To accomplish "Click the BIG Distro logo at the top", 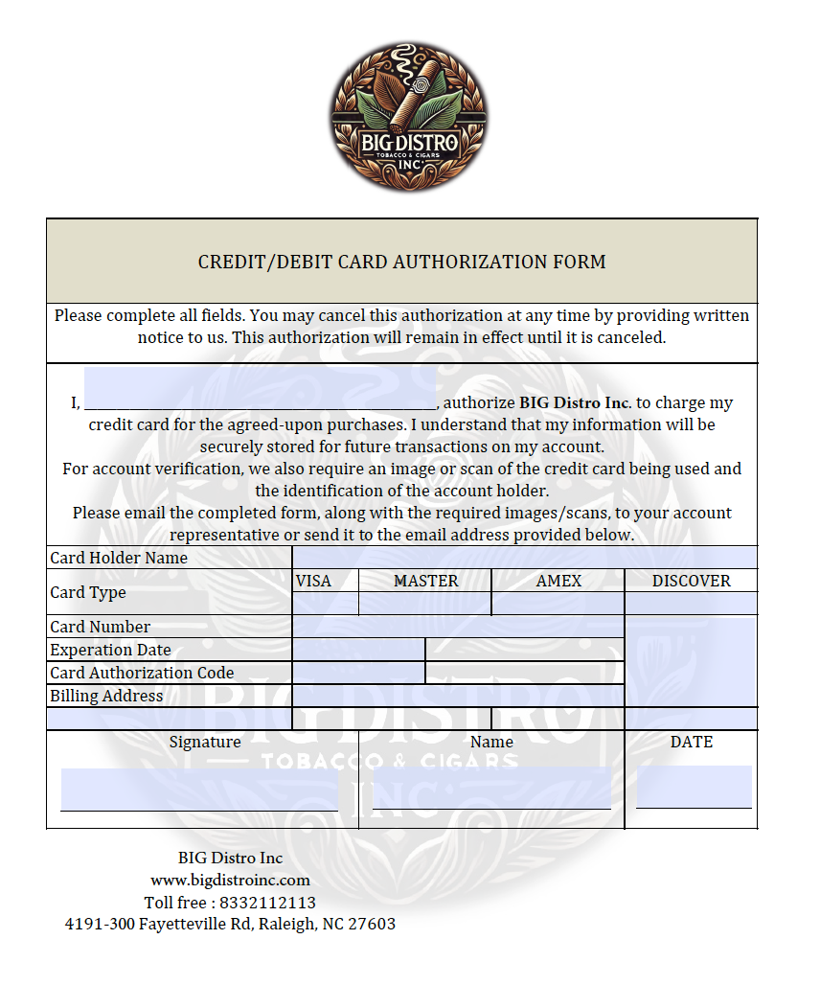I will click(409, 116).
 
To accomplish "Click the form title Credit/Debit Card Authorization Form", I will click(401, 262).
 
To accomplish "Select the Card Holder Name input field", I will click(524, 558).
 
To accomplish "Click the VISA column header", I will click(313, 581).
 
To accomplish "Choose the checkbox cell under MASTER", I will click(425, 604).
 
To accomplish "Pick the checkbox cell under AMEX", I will click(558, 604).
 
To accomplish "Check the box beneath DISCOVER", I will click(691, 604).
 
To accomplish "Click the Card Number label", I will click(101, 627).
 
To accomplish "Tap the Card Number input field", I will click(458, 627).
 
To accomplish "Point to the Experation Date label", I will click(110, 650).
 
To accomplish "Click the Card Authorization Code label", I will click(142, 673).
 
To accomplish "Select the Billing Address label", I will click(106, 696).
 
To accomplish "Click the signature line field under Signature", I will click(199, 790).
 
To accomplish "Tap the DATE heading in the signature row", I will click(692, 742).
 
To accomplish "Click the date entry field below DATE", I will click(694, 787).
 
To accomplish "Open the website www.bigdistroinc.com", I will click(230, 880).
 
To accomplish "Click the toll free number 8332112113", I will click(267, 903).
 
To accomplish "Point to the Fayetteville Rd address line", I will click(230, 924).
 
